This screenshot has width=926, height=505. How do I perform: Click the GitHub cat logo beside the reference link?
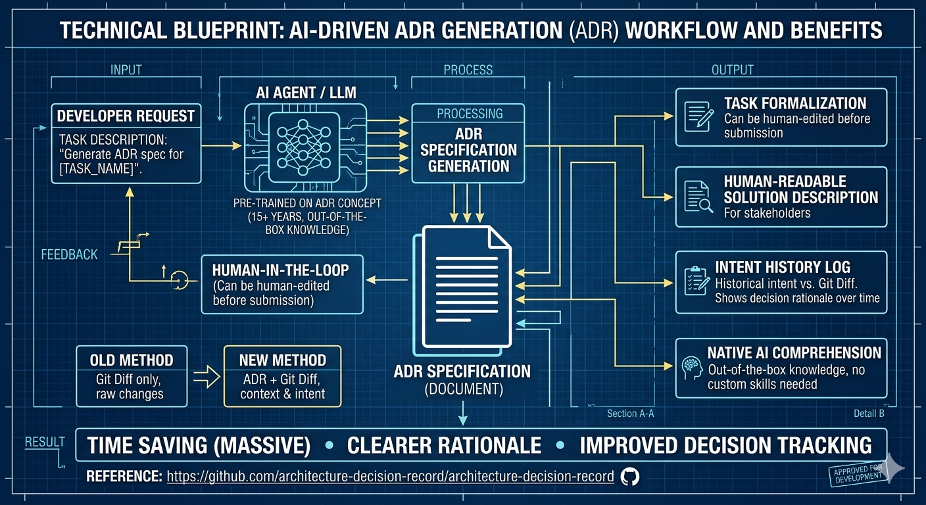click(630, 477)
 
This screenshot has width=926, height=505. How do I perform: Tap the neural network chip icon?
click(305, 147)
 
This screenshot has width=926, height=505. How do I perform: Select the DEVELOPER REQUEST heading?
click(126, 116)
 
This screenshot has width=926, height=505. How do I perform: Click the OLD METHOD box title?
click(132, 360)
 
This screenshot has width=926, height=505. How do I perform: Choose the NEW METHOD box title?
click(283, 360)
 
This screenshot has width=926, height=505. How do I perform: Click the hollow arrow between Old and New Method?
click(207, 377)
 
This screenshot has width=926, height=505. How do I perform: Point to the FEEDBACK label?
click(69, 254)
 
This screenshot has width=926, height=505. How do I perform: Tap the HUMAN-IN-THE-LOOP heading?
click(280, 270)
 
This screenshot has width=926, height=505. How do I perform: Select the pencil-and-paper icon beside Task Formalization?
click(698, 117)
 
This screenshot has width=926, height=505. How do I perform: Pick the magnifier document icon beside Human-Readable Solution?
click(698, 197)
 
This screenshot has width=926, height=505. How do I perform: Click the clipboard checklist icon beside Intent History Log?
click(697, 281)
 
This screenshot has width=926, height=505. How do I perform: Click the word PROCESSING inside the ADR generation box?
click(470, 114)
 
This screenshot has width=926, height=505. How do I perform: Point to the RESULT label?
click(45, 442)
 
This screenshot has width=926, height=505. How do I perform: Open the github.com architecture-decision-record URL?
click(390, 477)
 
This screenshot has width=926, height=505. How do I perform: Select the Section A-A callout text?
click(631, 414)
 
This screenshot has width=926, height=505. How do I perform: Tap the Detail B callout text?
click(869, 414)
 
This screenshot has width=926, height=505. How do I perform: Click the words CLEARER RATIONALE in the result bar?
click(444, 445)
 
